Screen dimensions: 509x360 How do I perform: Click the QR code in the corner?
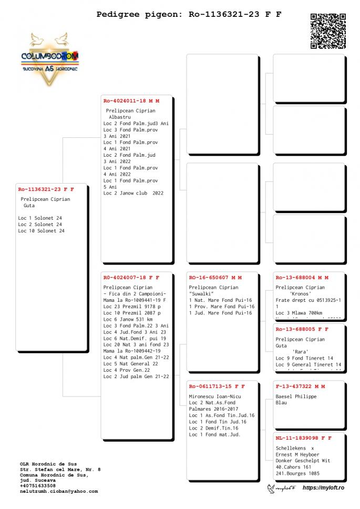328,31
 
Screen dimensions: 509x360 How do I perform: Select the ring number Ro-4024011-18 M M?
131,100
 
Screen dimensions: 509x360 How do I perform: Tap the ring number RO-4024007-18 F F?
131,277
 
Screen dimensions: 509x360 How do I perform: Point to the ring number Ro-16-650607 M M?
215,277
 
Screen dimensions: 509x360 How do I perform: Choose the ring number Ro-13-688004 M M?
302,277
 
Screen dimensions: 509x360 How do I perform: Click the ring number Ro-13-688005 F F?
302,329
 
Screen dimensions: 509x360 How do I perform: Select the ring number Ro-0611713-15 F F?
217,385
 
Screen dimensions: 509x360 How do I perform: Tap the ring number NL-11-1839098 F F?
304,437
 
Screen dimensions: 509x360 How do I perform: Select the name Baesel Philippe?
296,396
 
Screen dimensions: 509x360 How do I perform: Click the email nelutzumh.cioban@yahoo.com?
58,491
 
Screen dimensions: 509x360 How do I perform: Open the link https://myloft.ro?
323,488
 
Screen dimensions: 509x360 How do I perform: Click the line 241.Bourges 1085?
297,473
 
